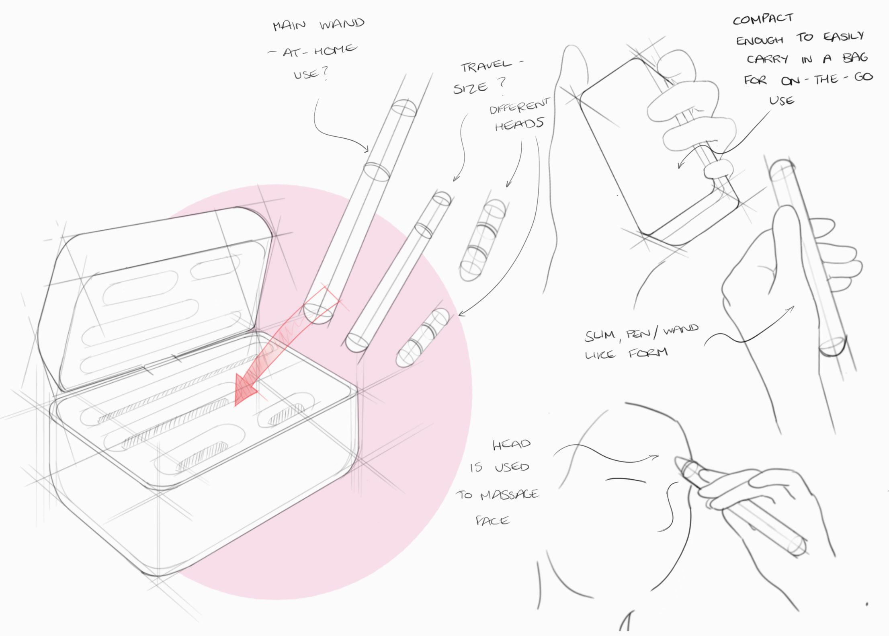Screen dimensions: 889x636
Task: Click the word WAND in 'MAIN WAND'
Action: (x=342, y=24)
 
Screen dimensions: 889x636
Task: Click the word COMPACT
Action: (x=763, y=19)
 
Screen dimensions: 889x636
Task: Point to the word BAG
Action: (x=855, y=58)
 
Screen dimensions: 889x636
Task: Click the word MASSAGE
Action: (x=509, y=494)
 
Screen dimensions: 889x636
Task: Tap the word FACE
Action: (x=493, y=521)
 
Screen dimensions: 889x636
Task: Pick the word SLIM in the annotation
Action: (x=600, y=336)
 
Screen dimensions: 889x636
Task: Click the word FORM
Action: (x=648, y=353)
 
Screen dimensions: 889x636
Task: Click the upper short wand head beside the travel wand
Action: (x=482, y=240)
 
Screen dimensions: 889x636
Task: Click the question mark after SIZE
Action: (x=502, y=82)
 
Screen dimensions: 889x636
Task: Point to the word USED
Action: (x=512, y=467)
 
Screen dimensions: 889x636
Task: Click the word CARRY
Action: (x=767, y=59)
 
